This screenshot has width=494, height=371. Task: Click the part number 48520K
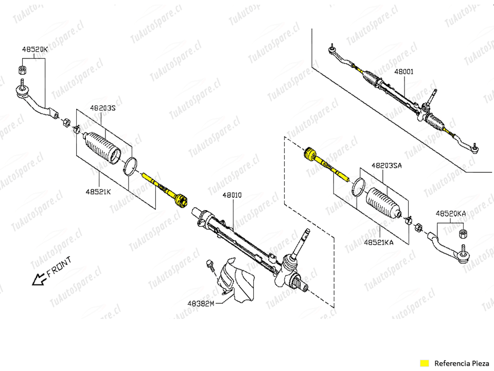(34, 49)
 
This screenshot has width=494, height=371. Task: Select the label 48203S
(103, 108)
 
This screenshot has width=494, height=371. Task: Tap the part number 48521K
(98, 192)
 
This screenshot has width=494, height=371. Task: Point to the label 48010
(232, 195)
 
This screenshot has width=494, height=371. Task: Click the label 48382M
(201, 303)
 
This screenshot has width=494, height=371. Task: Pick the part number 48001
(404, 72)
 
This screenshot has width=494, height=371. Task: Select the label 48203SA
(386, 165)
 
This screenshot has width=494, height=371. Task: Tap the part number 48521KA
(378, 243)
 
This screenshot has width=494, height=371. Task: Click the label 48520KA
(451, 214)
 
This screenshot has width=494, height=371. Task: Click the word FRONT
(59, 266)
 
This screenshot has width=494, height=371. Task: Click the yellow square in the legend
(425, 363)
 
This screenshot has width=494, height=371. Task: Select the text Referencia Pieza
(462, 363)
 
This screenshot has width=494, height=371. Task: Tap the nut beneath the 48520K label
(22, 69)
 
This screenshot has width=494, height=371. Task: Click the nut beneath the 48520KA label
(463, 234)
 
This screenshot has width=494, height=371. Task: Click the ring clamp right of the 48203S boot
(130, 165)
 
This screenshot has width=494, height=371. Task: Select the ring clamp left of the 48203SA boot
(359, 187)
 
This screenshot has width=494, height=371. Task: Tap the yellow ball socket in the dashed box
(310, 154)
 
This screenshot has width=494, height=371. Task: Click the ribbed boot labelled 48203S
(102, 148)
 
